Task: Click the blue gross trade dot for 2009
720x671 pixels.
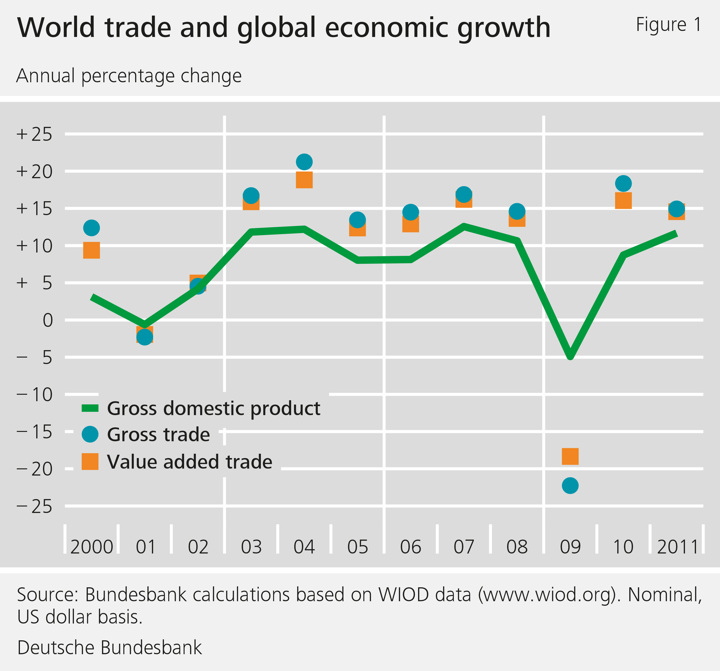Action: (570, 485)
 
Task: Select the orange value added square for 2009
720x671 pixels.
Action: (570, 456)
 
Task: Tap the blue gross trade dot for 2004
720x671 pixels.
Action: (304, 162)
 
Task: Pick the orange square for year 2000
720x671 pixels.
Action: (92, 250)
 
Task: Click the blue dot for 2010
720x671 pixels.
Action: (623, 183)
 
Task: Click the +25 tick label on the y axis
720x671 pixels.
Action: (34, 135)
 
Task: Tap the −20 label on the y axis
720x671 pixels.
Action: (34, 469)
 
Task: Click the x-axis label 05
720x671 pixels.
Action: (357, 547)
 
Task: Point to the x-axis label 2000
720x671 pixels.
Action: (92, 547)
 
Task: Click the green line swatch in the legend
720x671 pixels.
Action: (90, 408)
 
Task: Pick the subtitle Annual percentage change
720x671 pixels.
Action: (129, 76)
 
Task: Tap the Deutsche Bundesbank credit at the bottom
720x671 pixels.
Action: (109, 647)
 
